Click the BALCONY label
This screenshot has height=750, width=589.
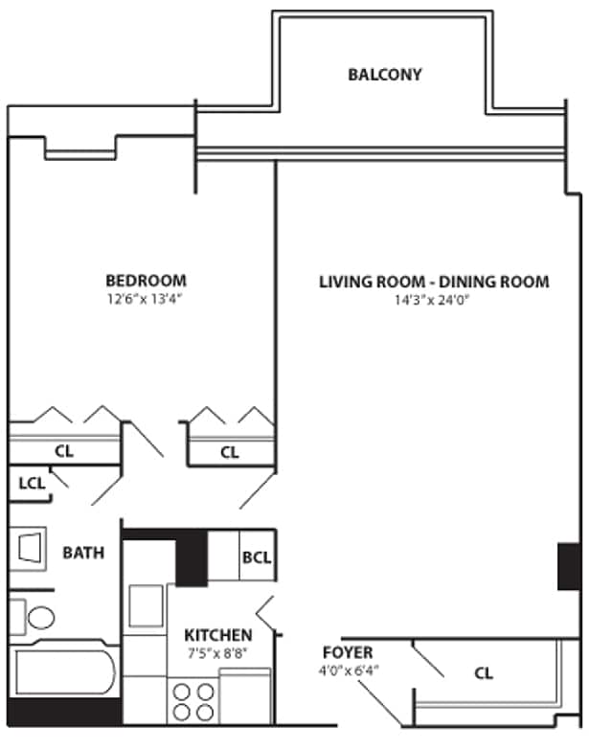[x=384, y=75]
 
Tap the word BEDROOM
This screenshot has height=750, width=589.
[x=146, y=281]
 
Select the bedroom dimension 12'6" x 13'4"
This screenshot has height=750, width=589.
[x=146, y=299]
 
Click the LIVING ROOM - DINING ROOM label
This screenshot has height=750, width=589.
[x=434, y=282]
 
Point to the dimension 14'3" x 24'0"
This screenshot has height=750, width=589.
[x=434, y=300]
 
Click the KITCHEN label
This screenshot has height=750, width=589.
[x=218, y=635]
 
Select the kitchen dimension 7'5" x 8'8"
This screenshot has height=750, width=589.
[x=218, y=653]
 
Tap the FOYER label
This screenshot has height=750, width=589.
[x=348, y=652]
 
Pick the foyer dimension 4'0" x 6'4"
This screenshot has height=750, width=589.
[x=348, y=670]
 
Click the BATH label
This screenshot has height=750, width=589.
[x=83, y=553]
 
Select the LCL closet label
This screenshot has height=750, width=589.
[x=32, y=484]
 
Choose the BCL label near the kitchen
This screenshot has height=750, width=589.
[x=256, y=557]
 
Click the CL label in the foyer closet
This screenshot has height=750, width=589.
[x=484, y=673]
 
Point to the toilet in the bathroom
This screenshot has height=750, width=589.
[x=34, y=616]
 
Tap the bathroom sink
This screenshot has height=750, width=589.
[x=31, y=550]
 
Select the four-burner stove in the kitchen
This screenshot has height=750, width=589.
[x=193, y=701]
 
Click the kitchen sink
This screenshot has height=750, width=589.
[x=146, y=605]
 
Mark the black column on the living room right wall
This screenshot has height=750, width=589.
[x=568, y=566]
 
